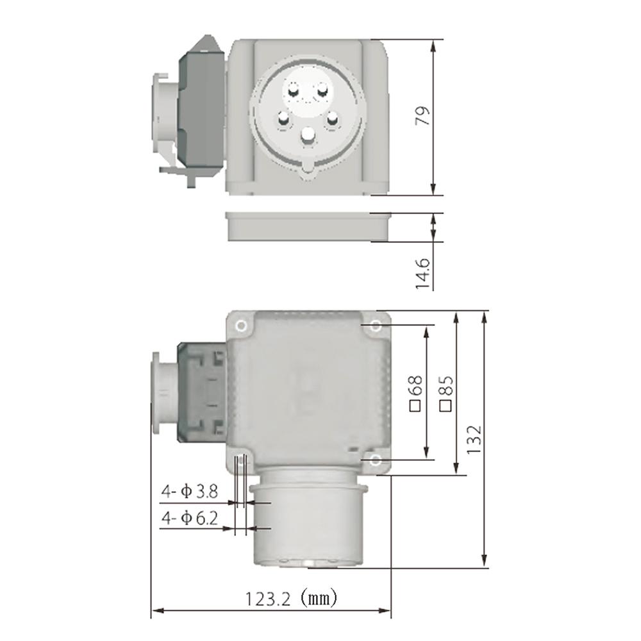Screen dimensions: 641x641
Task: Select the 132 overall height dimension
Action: point(473,439)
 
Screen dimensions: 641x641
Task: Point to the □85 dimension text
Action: point(446,392)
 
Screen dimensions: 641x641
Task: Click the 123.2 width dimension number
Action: point(269,599)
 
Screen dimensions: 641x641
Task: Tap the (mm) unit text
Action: point(319,599)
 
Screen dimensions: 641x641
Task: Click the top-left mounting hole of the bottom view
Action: point(241,326)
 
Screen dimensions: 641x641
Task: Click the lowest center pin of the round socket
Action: point(309,135)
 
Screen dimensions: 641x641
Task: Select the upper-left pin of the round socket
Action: point(293,92)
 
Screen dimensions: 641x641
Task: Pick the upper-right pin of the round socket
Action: point(324,92)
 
